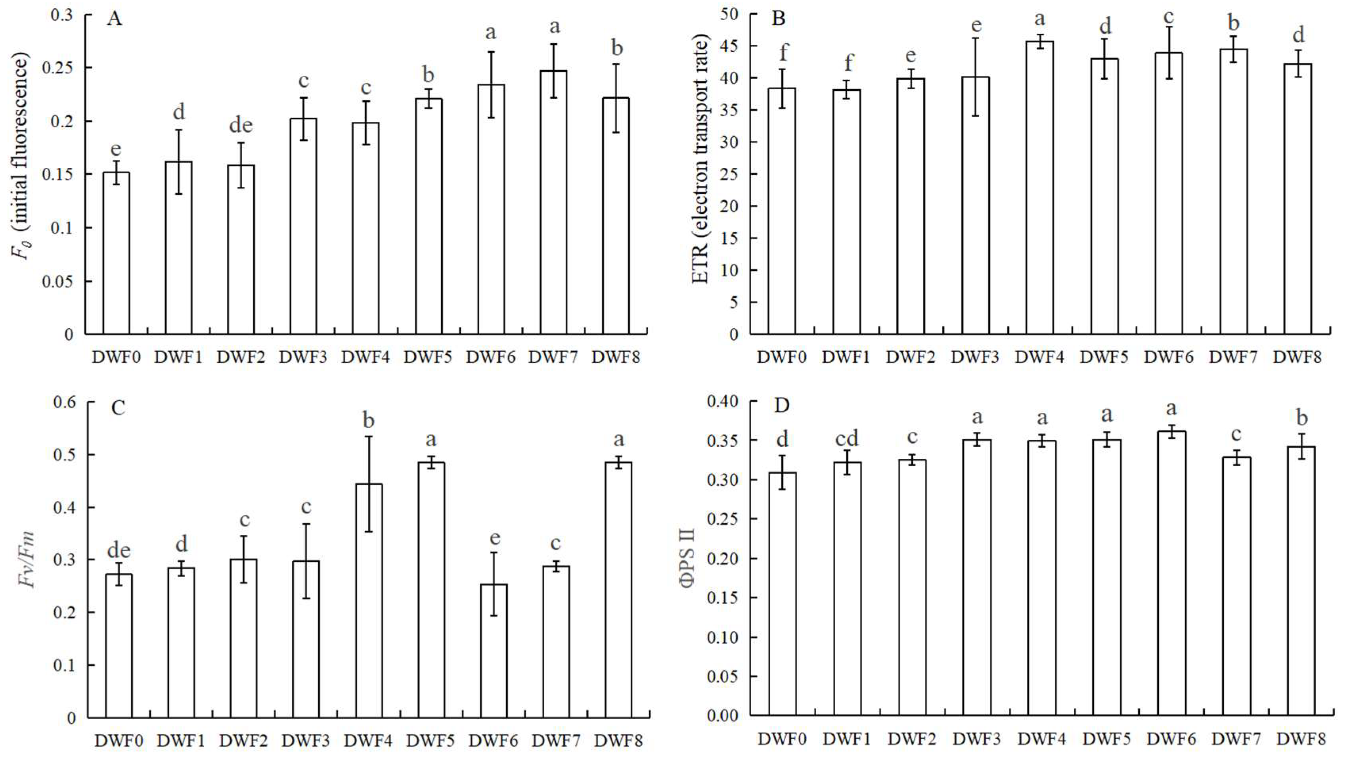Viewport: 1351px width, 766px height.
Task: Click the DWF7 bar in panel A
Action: [553, 203]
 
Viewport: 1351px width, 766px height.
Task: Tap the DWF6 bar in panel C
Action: [494, 651]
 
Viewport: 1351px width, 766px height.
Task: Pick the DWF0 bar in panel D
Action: [782, 594]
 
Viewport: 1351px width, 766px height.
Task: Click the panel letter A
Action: [114, 19]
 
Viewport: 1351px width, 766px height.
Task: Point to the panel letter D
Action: [782, 406]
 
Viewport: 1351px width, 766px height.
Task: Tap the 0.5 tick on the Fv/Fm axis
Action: [65, 454]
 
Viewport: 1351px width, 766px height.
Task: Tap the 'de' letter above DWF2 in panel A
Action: [241, 126]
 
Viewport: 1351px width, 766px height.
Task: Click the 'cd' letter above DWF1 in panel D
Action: [847, 438]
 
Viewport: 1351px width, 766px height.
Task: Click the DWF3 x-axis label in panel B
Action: [974, 357]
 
